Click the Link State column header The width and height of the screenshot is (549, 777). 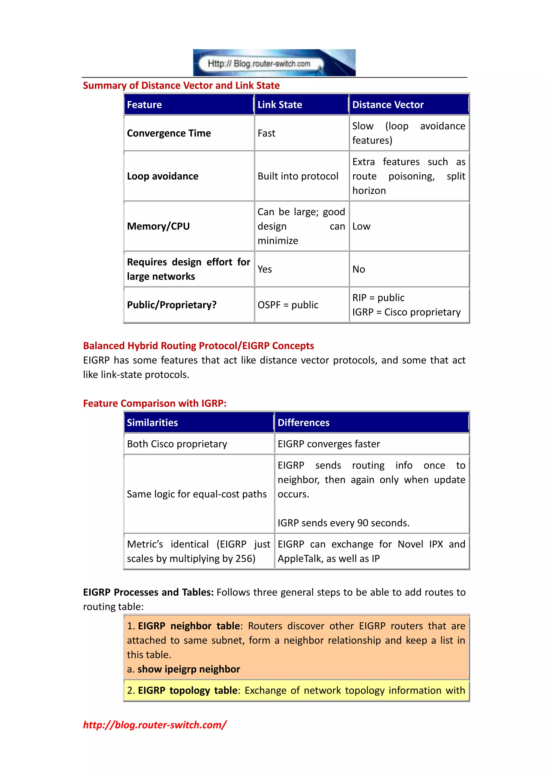[280, 105]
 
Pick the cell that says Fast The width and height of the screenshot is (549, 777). [266, 133]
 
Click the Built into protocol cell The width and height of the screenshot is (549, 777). [298, 176]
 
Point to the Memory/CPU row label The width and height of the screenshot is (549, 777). [158, 226]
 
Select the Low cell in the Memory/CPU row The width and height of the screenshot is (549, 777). [361, 226]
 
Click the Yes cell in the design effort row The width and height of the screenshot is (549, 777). [265, 269]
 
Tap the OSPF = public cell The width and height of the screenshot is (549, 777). [288, 305]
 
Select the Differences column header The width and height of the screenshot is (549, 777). [303, 422]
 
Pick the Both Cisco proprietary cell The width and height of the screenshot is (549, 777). [177, 444]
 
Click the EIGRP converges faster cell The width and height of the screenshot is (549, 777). [329, 444]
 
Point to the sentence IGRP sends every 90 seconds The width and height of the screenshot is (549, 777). [343, 523]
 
